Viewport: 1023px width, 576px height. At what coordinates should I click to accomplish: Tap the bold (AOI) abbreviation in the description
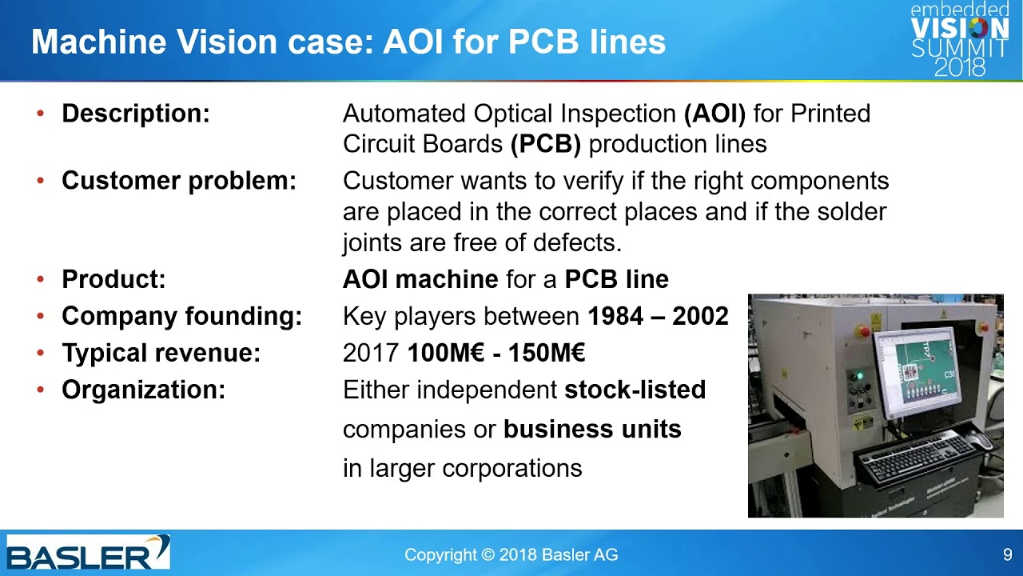(x=715, y=114)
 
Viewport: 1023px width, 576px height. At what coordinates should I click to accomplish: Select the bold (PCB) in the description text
(x=545, y=144)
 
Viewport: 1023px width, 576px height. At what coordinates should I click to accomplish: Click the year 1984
(x=615, y=316)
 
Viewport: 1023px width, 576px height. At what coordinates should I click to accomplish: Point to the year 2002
(x=700, y=316)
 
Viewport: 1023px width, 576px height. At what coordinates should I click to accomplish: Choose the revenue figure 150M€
(x=547, y=353)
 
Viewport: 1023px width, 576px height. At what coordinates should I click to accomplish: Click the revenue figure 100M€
(x=445, y=353)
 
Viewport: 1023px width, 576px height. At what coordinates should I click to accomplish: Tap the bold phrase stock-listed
(x=635, y=390)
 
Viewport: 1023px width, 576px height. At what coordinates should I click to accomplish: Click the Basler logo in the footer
(x=88, y=552)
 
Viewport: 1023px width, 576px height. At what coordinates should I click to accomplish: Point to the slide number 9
(x=1008, y=554)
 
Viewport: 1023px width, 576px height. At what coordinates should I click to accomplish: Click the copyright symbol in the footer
(x=488, y=555)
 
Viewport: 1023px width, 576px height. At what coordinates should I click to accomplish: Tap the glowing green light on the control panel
(x=859, y=376)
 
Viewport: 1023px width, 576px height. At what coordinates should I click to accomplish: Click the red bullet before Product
(x=41, y=279)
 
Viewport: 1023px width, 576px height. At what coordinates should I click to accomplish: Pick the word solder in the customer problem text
(x=852, y=212)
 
